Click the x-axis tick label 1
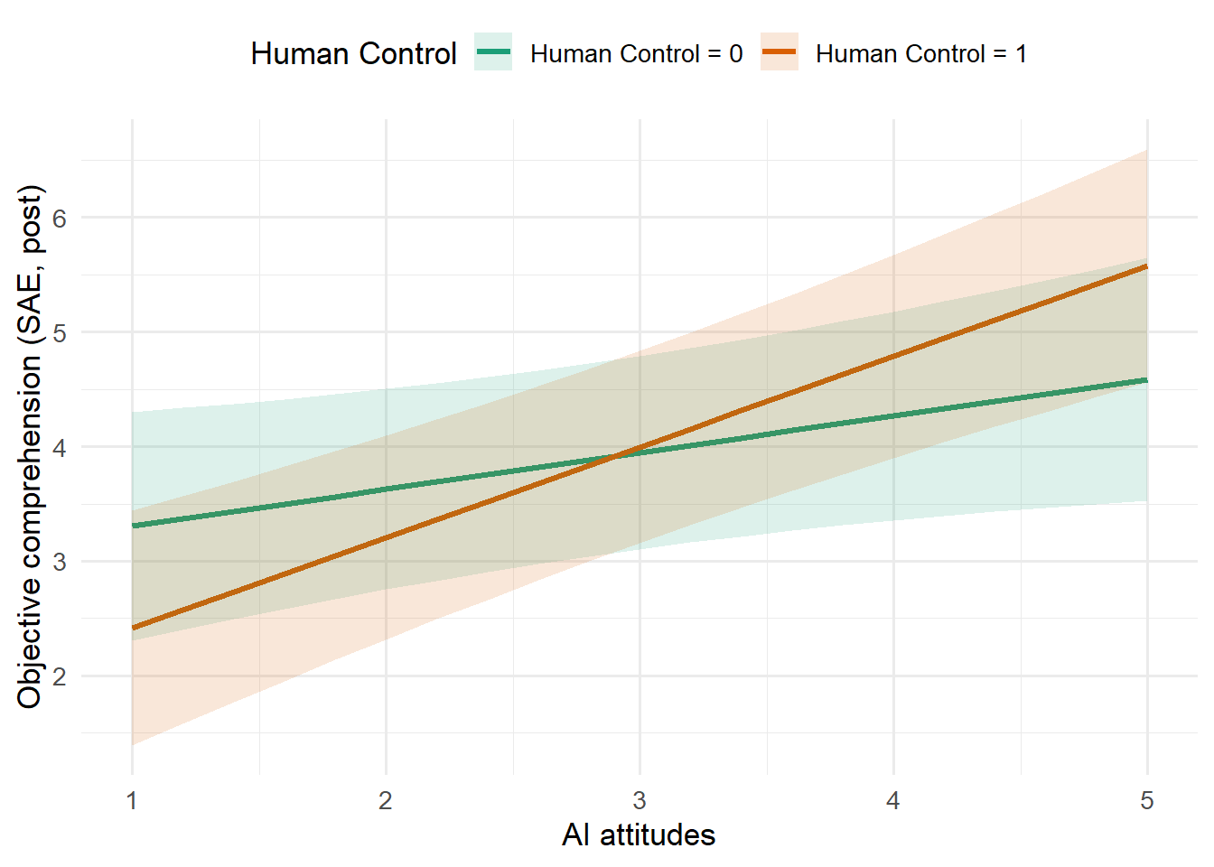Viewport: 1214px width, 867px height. click(132, 801)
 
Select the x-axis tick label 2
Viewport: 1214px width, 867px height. click(386, 801)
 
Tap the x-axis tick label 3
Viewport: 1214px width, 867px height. click(640, 801)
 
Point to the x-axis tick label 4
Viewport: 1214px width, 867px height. click(893, 801)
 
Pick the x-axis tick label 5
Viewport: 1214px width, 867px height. click(1147, 801)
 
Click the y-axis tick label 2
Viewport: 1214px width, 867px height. click(60, 676)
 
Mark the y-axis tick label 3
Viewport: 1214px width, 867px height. click(60, 562)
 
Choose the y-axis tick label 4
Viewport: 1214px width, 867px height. click(60, 447)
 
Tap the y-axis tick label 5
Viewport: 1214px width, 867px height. click(60, 332)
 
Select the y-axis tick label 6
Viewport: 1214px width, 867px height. click(60, 218)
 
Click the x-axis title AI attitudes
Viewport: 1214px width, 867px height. click(639, 834)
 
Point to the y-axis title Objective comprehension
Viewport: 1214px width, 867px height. click(29, 446)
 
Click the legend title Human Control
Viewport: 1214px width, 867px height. click(353, 54)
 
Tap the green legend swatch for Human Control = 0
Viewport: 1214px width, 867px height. click(493, 53)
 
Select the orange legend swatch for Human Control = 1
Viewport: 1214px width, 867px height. click(779, 53)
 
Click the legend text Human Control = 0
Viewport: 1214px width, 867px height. click(636, 54)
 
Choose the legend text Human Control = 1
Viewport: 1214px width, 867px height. click(920, 54)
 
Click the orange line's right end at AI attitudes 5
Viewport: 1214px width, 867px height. click(1146, 266)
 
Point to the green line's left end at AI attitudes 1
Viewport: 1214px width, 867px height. click(133, 526)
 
